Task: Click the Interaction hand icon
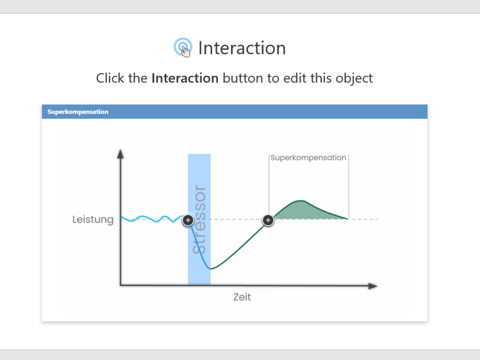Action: coord(182,48)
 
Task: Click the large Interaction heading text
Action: coord(242,48)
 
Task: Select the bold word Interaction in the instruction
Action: coord(185,78)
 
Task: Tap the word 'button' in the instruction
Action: coord(243,78)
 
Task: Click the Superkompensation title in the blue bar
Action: coord(78,112)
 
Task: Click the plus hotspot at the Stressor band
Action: coord(188,220)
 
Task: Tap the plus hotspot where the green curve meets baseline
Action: coord(268,220)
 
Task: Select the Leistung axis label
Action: coord(93,220)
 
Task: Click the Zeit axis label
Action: coord(242,297)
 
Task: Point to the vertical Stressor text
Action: coord(199,220)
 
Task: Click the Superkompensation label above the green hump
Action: coord(308,157)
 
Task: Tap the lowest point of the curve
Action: coord(211,269)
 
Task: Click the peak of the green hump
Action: coord(301,201)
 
